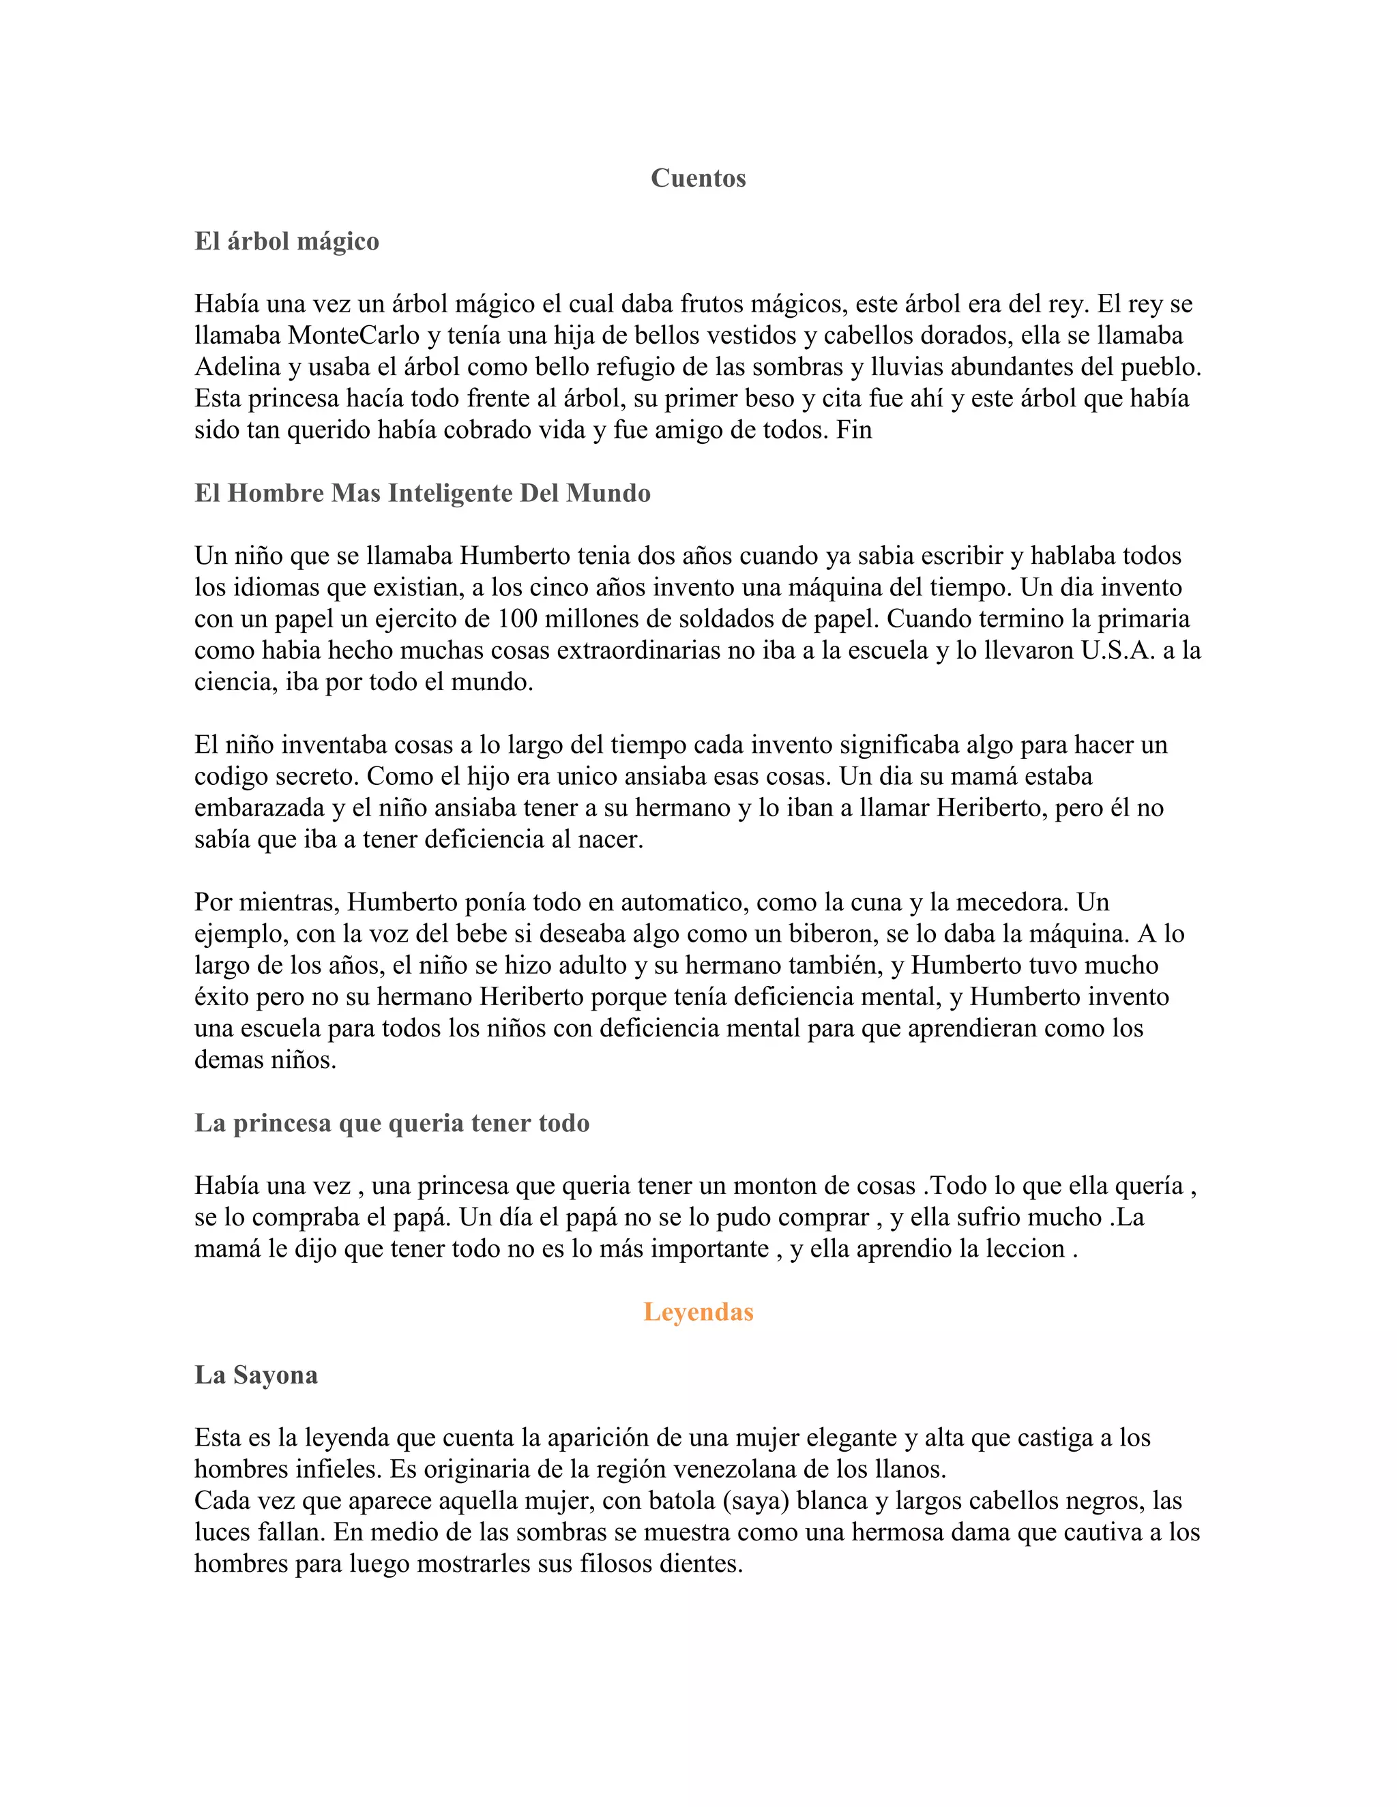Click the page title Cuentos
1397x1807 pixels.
pyautogui.click(x=698, y=178)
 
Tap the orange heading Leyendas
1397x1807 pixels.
pyautogui.click(x=698, y=1311)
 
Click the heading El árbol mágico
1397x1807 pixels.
pyautogui.click(x=286, y=241)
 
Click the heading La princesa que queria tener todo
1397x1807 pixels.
pyautogui.click(x=392, y=1123)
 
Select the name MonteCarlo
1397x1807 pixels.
pyautogui.click(x=353, y=336)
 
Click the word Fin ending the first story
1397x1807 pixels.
pyautogui.click(x=853, y=430)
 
